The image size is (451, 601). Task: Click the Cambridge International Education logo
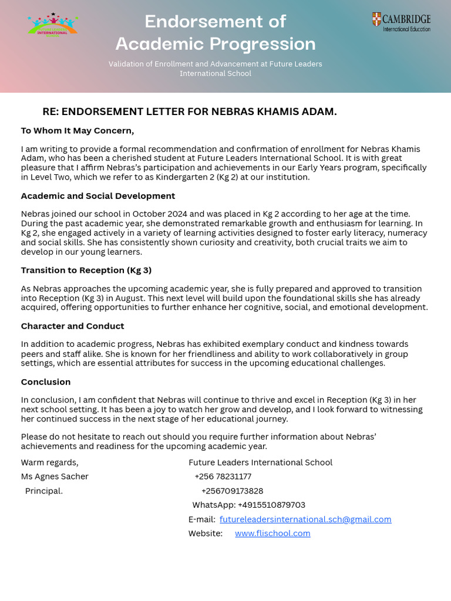pos(401,22)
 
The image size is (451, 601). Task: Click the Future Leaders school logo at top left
pos(52,25)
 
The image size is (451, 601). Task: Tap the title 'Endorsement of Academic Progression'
pos(216,33)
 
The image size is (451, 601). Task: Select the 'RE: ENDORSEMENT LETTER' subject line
pos(189,112)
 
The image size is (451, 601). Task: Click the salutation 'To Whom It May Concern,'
pos(78,130)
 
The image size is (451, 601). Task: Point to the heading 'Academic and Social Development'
pos(98,196)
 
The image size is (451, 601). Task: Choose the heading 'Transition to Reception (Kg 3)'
pos(86,270)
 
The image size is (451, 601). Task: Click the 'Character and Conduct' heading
pos(73,326)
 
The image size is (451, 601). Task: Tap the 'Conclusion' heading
pos(46,381)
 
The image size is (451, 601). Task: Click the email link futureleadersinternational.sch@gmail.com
pos(305,519)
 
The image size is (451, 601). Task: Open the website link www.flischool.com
pos(272,534)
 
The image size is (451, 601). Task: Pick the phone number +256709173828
pos(232,491)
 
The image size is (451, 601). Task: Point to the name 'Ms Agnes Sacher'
pos(55,477)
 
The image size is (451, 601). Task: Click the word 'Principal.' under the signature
pos(44,491)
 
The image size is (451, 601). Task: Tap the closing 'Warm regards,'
pos(49,462)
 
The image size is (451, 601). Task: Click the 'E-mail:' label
pos(202,519)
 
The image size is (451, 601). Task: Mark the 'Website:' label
pos(206,534)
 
